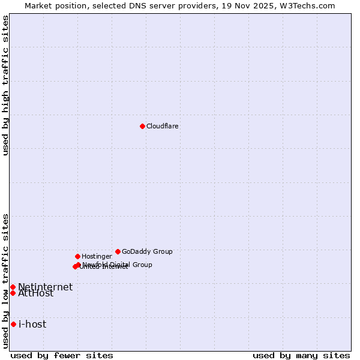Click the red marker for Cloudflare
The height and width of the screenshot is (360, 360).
click(142, 126)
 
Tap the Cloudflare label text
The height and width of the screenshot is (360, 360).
click(162, 127)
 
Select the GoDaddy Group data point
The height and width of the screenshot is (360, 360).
click(118, 251)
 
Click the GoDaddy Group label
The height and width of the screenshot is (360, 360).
click(147, 252)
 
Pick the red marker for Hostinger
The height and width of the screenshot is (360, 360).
click(77, 256)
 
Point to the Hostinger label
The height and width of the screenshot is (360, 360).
click(97, 257)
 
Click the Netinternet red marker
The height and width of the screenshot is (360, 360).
click(13, 287)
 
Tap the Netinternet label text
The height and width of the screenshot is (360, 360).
click(45, 287)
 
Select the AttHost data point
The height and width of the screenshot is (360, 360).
click(13, 293)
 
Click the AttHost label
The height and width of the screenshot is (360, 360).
click(35, 294)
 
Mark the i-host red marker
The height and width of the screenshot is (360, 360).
click(13, 324)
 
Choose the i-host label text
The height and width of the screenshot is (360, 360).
click(32, 325)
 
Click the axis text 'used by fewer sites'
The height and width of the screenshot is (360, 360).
click(62, 355)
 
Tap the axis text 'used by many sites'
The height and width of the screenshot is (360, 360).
click(301, 355)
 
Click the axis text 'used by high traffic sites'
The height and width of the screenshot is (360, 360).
click(5, 85)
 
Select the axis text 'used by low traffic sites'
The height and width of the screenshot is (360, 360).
click(5, 280)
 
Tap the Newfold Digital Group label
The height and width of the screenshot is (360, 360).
click(118, 264)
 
